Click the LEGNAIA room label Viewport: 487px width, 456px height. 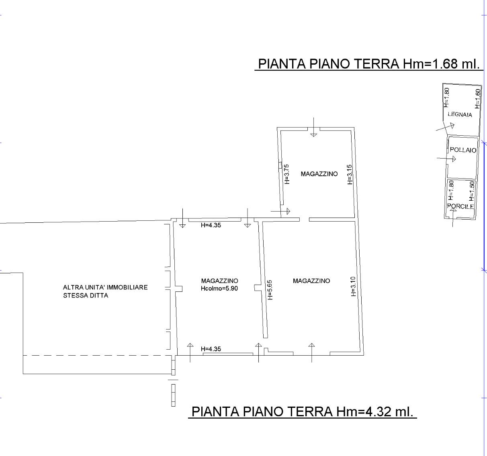tap(460, 114)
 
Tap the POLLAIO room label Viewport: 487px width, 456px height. tap(463, 150)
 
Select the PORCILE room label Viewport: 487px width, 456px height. tap(460, 206)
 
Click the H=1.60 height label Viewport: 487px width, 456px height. tap(477, 98)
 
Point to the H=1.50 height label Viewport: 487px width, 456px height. tap(472, 191)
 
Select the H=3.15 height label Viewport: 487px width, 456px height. tap(350, 175)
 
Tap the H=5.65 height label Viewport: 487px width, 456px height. tap(270, 290)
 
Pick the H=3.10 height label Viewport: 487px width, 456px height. tap(353, 287)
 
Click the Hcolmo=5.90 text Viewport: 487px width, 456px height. tap(219, 288)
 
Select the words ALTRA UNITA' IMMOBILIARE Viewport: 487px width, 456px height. tap(105, 287)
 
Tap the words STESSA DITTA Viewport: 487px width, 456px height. tap(86, 295)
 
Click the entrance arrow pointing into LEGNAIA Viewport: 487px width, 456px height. tap(445, 127)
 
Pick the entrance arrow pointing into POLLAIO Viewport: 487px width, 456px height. tap(446, 159)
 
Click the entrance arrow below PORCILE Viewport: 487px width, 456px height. tap(453, 217)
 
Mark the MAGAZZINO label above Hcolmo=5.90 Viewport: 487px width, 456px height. tap(219, 281)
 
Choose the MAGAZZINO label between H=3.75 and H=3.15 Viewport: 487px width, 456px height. tap(319, 174)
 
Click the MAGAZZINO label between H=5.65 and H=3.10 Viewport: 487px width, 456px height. tap(311, 281)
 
